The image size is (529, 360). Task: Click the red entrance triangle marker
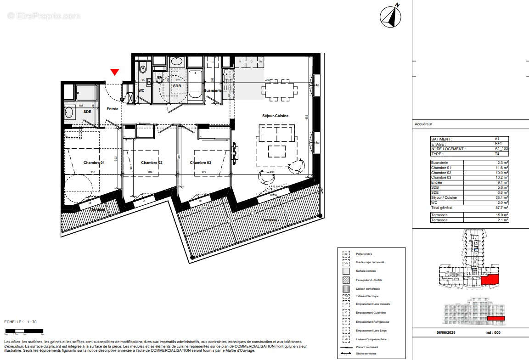tap(115, 72)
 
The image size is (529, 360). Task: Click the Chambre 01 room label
tap(94, 163)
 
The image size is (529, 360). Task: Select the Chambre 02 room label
tap(152, 163)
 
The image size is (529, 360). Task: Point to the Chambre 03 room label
tap(201, 163)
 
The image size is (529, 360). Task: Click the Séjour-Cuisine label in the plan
tap(276, 116)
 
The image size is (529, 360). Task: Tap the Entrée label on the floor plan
tap(113, 109)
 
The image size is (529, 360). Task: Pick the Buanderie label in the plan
tap(213, 91)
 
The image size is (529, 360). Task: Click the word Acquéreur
tap(423, 124)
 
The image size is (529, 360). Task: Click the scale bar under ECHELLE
tap(23, 331)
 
